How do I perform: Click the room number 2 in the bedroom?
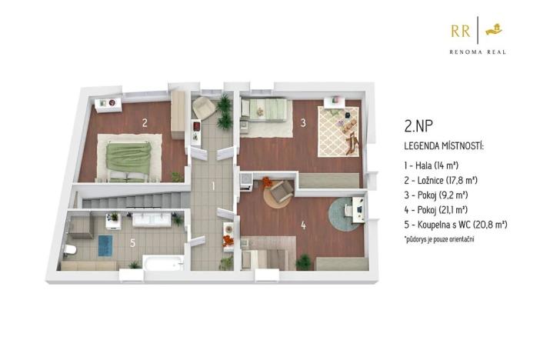click(x=145, y=122)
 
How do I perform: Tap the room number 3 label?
click(x=304, y=122)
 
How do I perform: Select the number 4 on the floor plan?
click(x=304, y=225)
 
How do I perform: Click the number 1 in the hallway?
click(x=213, y=185)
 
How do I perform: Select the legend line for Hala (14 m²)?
click(x=431, y=165)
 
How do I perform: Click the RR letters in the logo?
click(x=461, y=31)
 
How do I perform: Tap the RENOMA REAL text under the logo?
click(x=478, y=52)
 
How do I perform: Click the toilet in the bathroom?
click(x=69, y=249)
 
